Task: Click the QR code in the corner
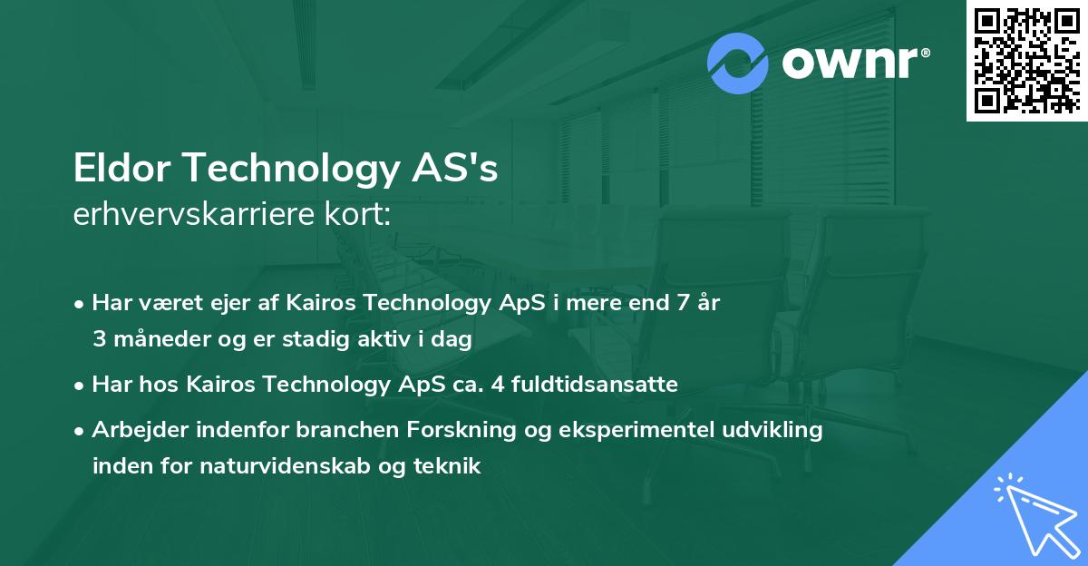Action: pos(1026,60)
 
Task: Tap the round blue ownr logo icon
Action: pos(738,63)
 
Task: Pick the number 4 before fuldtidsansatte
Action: pos(498,385)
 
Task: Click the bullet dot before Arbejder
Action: pos(81,431)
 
